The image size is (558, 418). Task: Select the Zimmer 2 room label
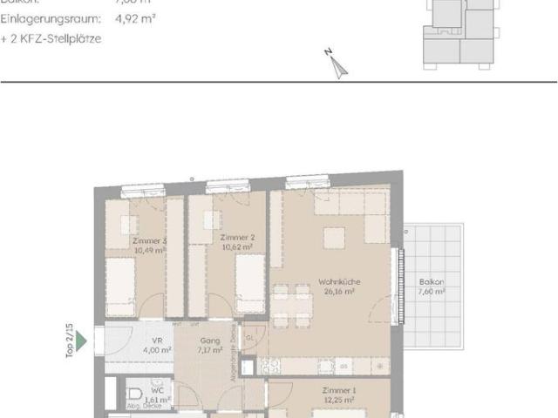(x=237, y=238)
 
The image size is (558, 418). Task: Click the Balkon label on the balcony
(x=431, y=282)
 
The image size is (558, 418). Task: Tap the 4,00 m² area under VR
(x=158, y=350)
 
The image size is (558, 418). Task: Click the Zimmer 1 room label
(x=338, y=391)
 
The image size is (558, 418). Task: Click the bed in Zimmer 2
(x=250, y=287)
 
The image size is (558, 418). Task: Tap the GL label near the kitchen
(x=249, y=337)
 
